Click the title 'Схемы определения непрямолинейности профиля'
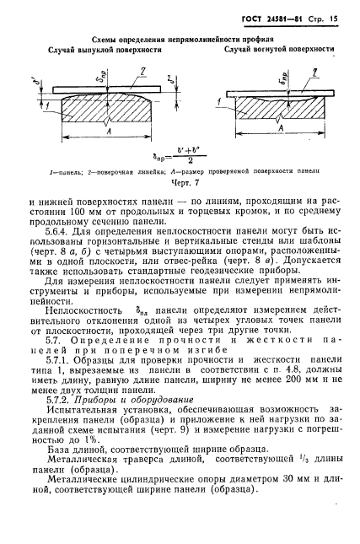pos(180,38)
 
